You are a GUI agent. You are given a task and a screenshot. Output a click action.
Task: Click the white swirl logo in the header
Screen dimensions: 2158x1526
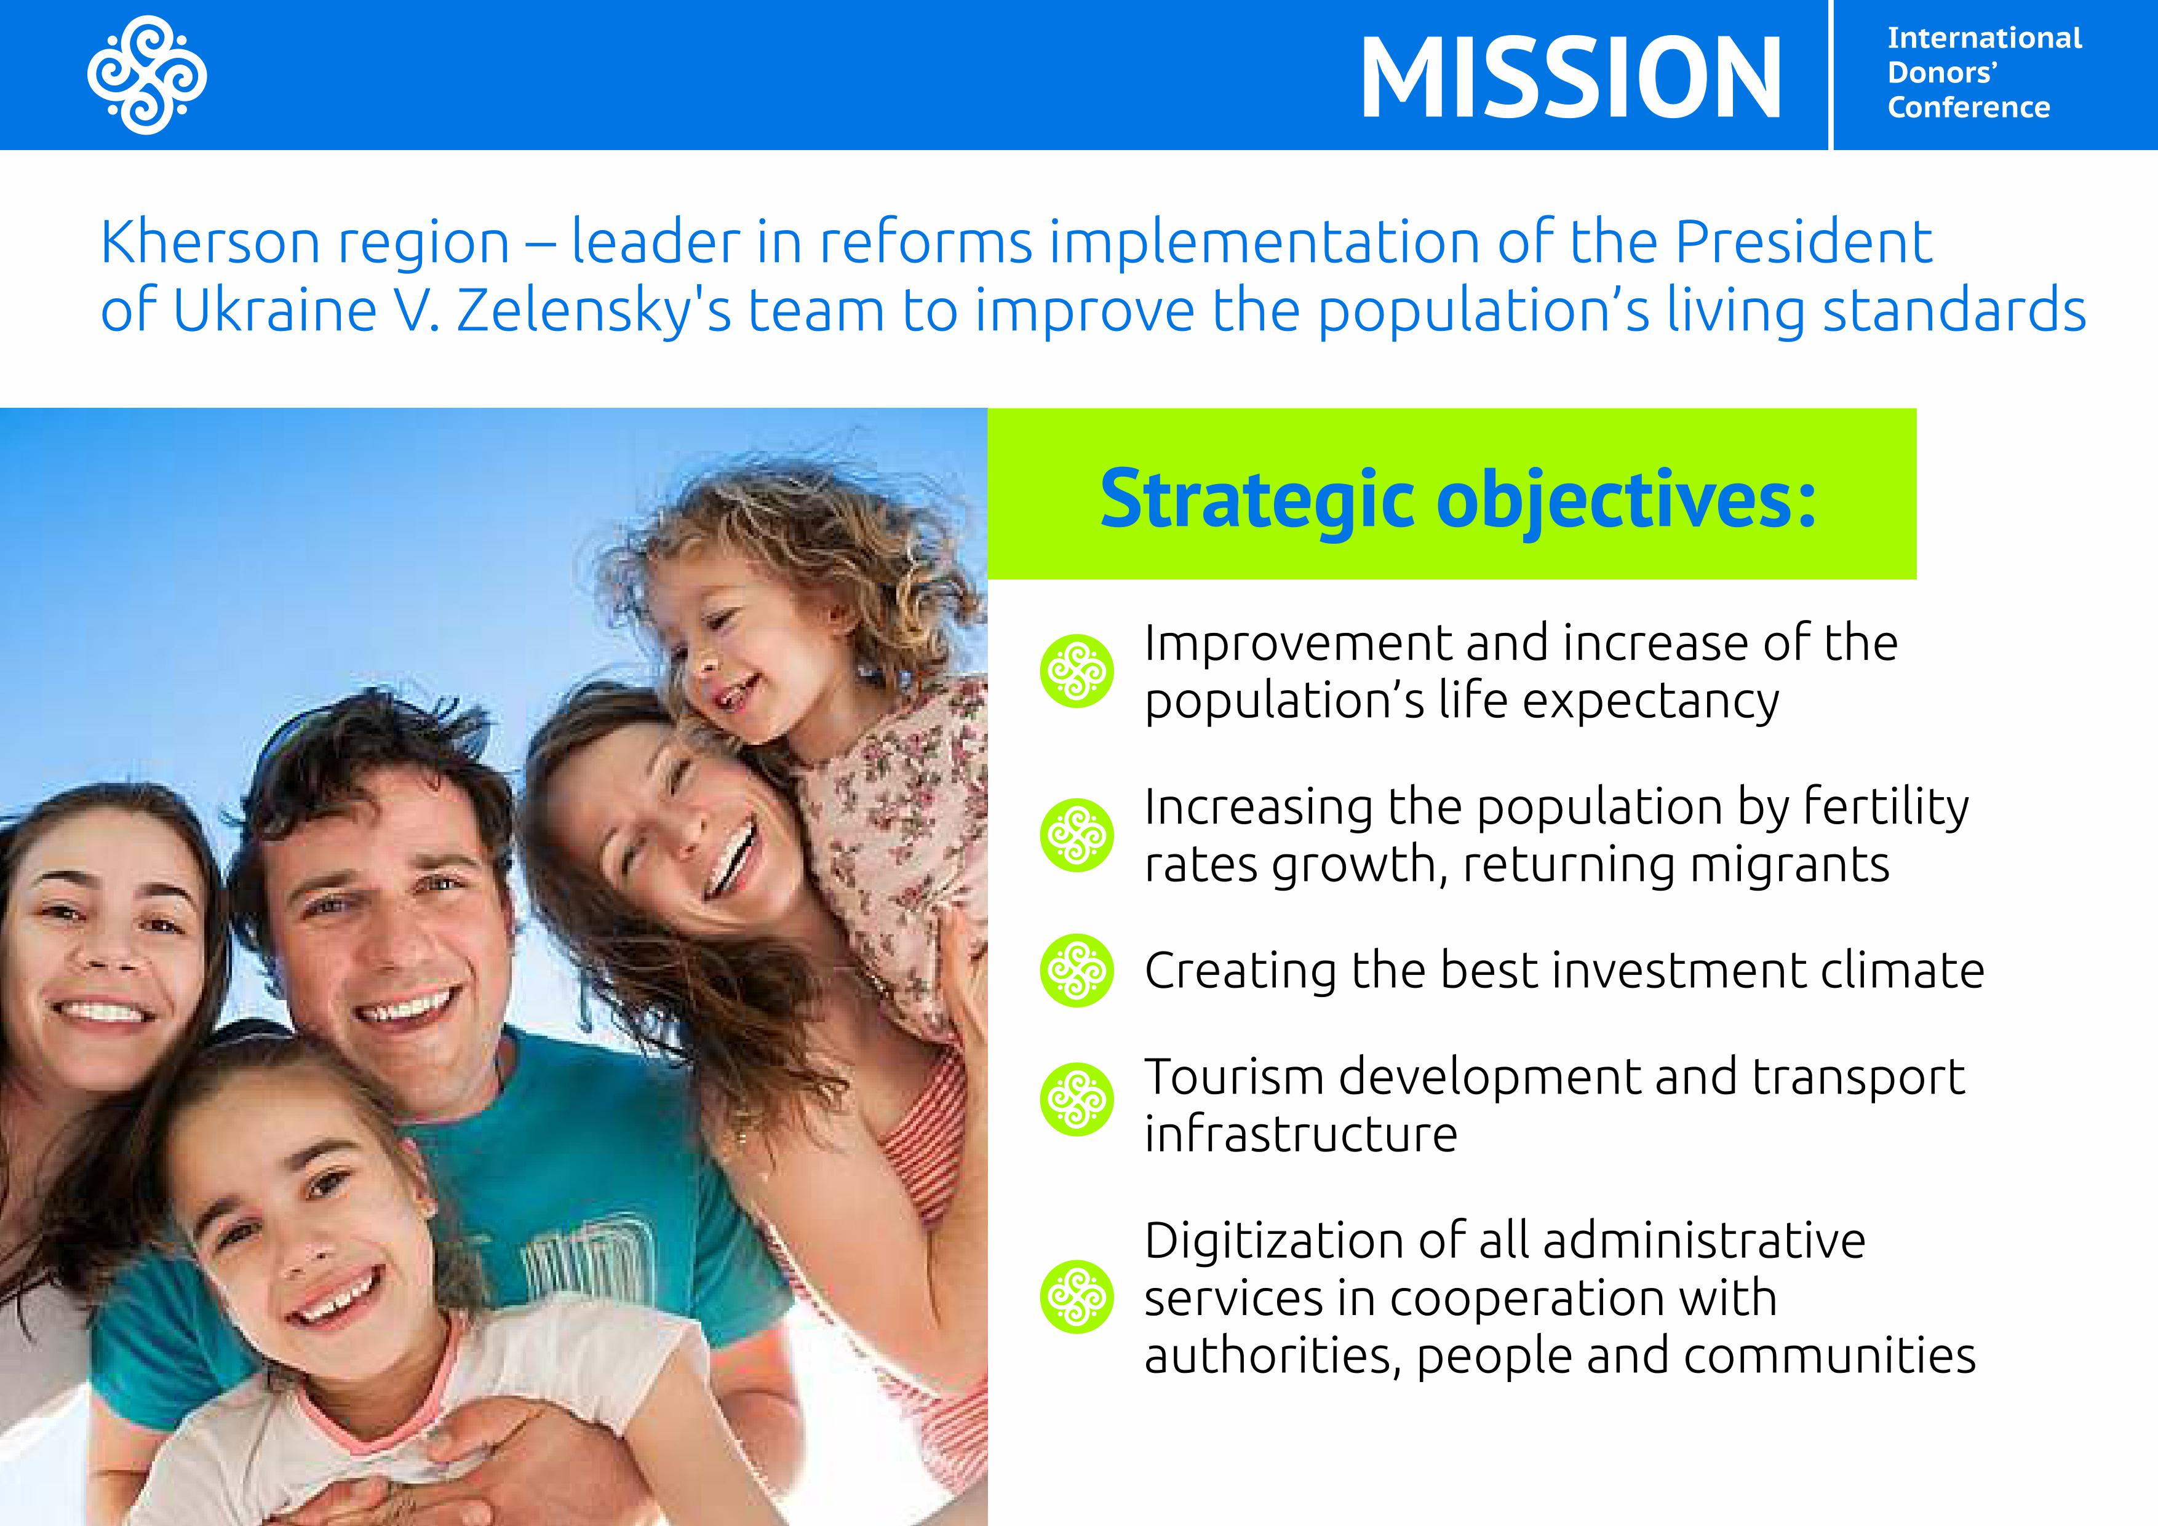[x=148, y=75]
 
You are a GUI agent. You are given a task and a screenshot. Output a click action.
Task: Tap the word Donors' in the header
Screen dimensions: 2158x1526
[x=1943, y=73]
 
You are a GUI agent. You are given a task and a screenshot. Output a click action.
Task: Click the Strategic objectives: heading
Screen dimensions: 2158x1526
[x=1458, y=499]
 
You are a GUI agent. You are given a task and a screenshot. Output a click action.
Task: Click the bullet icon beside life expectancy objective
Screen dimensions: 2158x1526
[x=1077, y=671]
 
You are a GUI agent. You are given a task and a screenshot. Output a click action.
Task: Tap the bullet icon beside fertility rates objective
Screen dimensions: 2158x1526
[x=1077, y=835]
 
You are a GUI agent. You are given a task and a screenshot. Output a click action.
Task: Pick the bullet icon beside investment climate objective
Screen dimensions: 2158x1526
[x=1077, y=970]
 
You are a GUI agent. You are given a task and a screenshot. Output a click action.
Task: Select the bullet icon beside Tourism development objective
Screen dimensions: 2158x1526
[x=1077, y=1099]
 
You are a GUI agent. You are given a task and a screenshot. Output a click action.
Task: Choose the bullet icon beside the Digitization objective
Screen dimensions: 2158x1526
[x=1077, y=1297]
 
